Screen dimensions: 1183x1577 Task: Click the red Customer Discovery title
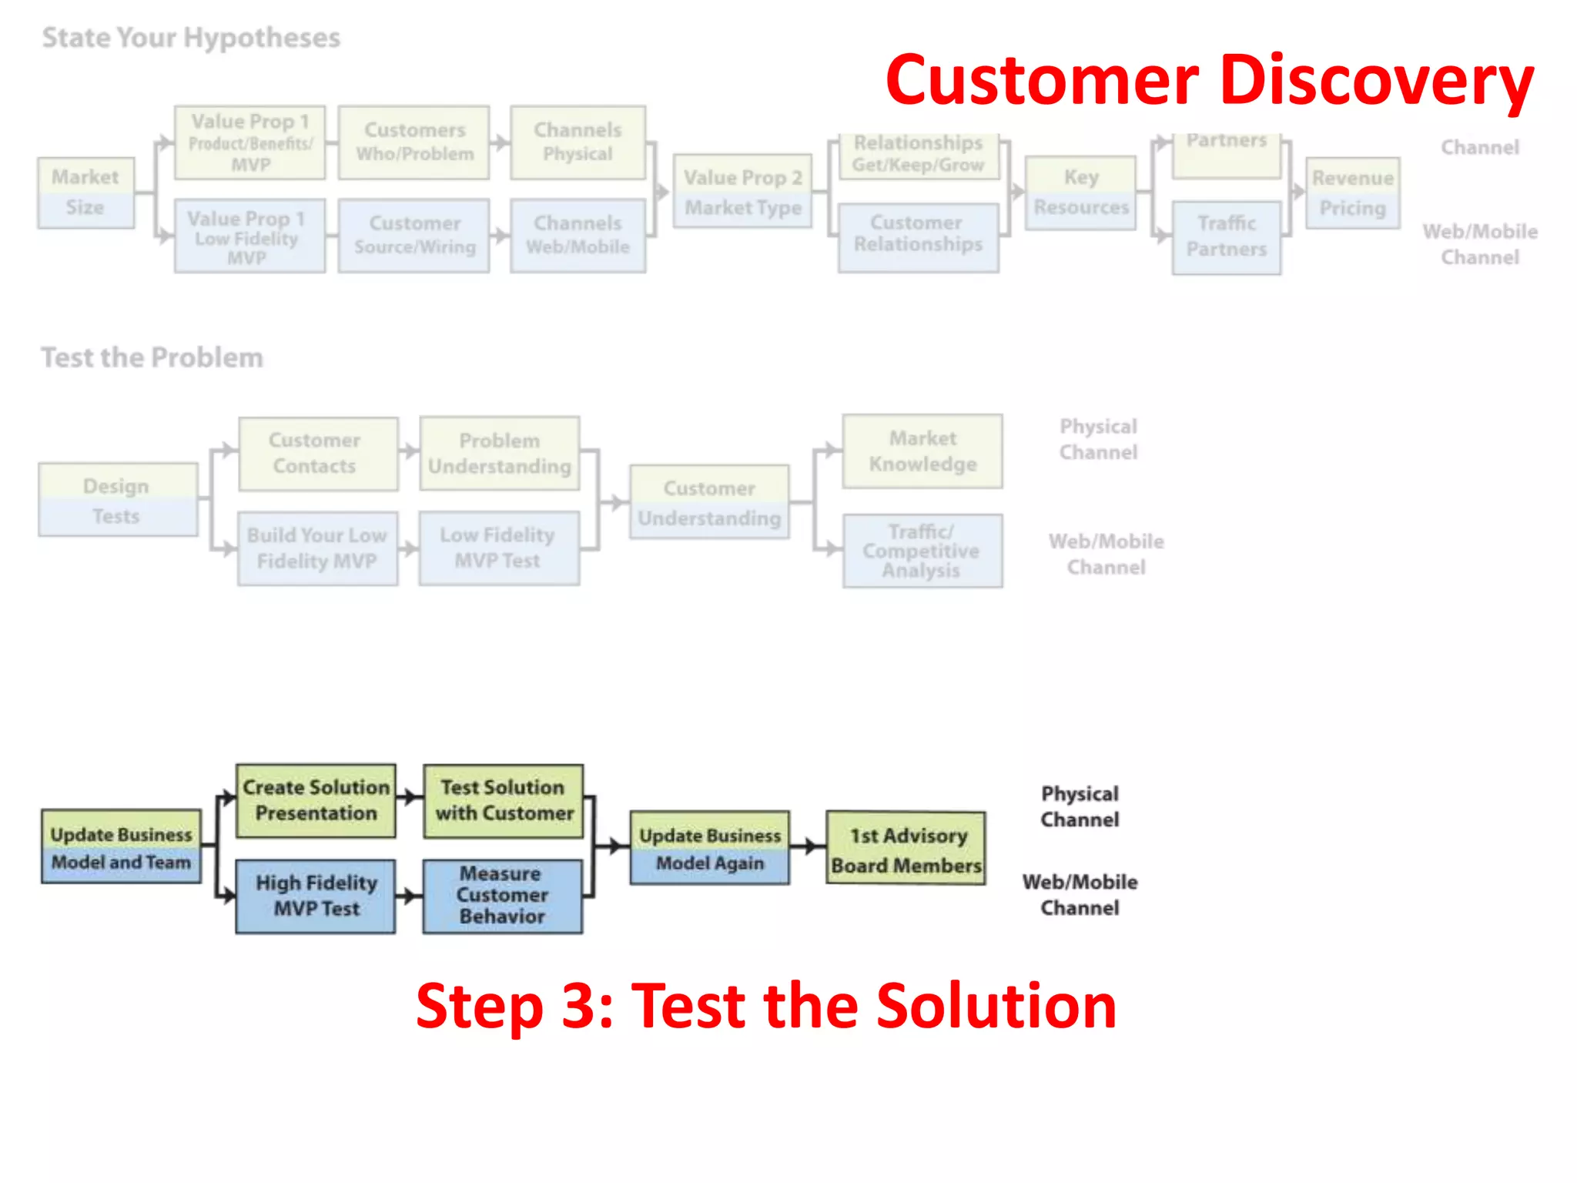point(1209,81)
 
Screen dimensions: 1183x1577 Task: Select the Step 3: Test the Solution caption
point(766,1006)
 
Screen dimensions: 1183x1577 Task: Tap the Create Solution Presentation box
point(316,801)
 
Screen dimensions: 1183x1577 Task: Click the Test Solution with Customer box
point(504,801)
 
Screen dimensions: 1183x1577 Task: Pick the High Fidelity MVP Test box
point(316,896)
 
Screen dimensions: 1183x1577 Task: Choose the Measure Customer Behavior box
point(503,896)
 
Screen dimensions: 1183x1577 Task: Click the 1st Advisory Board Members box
point(906,848)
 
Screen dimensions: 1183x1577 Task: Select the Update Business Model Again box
point(709,848)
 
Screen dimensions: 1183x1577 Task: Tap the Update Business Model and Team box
point(121,846)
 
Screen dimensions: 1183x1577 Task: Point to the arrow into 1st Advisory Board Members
point(809,846)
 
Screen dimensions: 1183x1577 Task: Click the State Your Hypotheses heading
point(191,38)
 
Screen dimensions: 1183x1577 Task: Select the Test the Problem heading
point(152,357)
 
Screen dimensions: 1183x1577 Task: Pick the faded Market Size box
point(85,193)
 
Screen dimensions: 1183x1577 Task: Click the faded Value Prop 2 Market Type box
point(742,192)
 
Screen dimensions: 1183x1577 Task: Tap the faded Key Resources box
point(1080,193)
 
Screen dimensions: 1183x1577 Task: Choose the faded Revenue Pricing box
point(1352,193)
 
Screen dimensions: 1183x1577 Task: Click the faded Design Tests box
point(117,500)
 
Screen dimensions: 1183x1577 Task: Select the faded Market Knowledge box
point(922,451)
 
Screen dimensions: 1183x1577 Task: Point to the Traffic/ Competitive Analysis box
point(922,551)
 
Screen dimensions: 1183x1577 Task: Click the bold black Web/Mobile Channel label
point(1080,894)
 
